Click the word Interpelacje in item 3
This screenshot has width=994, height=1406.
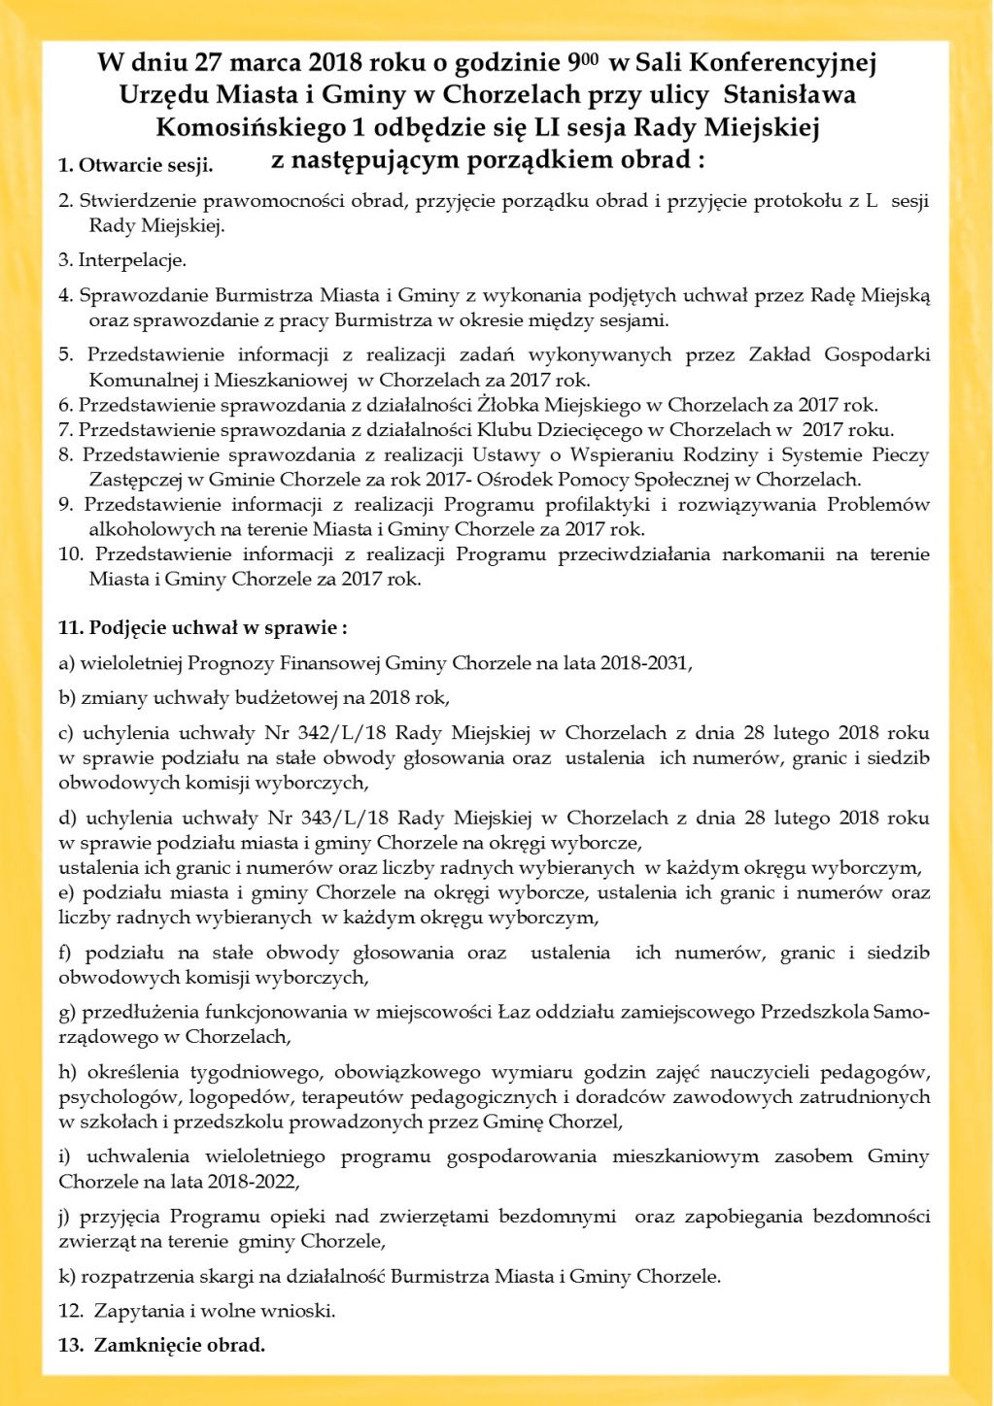(131, 260)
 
